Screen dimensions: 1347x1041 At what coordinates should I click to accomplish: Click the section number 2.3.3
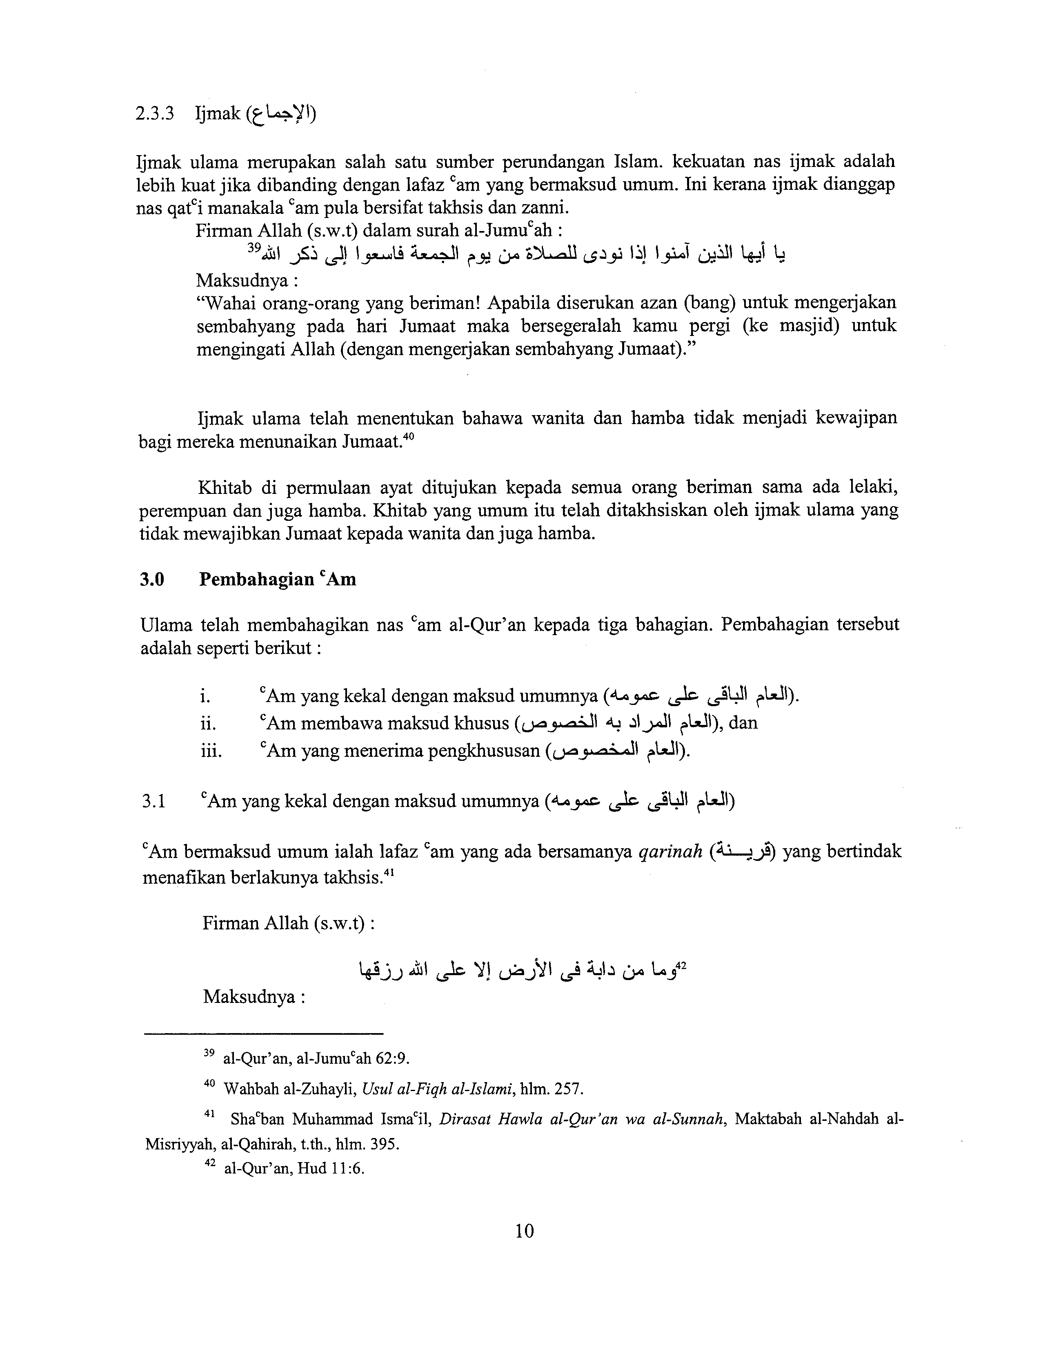tap(155, 115)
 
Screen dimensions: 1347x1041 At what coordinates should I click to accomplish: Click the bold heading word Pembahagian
tap(256, 580)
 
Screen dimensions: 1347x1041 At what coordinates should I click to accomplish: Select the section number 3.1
tap(153, 802)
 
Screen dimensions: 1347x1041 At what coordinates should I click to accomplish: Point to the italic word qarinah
tap(670, 852)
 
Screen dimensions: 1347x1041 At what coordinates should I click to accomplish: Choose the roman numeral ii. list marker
tap(208, 723)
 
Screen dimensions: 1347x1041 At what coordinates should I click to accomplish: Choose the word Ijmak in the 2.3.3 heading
tap(217, 115)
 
